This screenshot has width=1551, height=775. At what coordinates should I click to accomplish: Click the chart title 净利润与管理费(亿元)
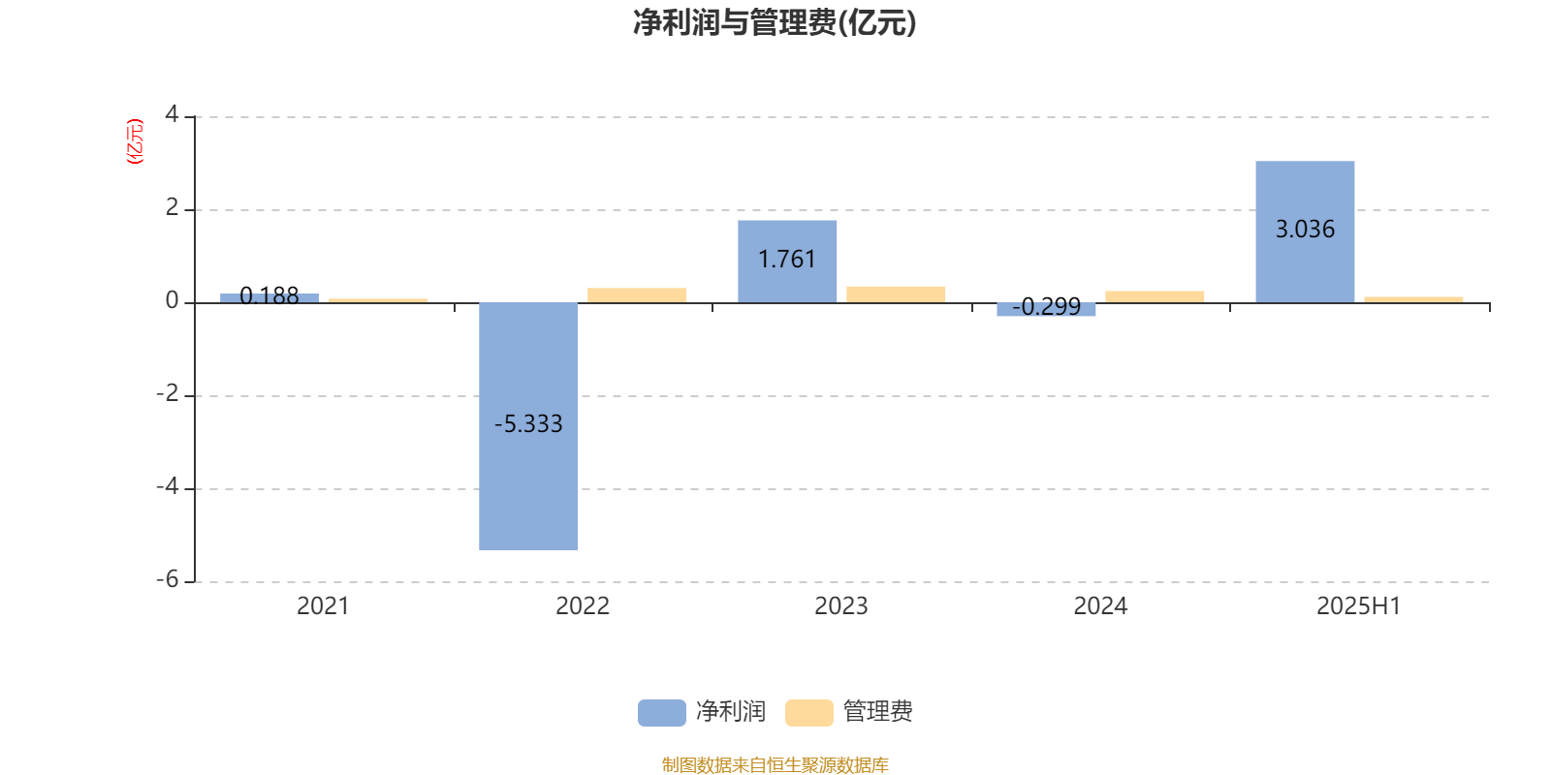775,23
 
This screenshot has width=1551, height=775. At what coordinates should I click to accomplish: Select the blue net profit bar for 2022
528,426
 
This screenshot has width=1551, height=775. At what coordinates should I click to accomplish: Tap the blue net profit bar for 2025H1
1305,232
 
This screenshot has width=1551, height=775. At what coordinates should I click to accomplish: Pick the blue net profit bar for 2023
787,262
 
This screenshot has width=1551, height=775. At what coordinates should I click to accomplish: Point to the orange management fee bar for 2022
637,295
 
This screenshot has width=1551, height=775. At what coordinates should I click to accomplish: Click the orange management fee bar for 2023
896,294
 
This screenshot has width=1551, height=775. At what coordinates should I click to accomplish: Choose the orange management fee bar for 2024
1155,296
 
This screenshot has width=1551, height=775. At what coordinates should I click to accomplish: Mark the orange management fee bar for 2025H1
1414,299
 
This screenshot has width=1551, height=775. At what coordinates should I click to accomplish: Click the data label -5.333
528,423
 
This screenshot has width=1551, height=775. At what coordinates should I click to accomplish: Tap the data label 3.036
1305,229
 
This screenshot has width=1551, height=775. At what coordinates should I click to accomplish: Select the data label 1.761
787,259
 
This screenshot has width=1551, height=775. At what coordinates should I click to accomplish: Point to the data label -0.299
1046,306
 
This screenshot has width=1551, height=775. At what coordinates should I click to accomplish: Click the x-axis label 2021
323,606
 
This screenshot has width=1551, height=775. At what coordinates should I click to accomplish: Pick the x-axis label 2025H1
1358,606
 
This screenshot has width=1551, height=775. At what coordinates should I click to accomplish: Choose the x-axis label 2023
841,606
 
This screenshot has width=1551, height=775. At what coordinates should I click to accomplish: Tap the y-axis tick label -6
168,580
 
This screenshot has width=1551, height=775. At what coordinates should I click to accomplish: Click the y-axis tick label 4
172,114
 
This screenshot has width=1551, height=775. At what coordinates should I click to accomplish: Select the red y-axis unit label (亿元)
135,141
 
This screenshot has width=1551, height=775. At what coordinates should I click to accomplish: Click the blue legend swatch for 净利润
662,713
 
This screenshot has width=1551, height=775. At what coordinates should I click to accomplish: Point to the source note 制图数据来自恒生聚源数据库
775,764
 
